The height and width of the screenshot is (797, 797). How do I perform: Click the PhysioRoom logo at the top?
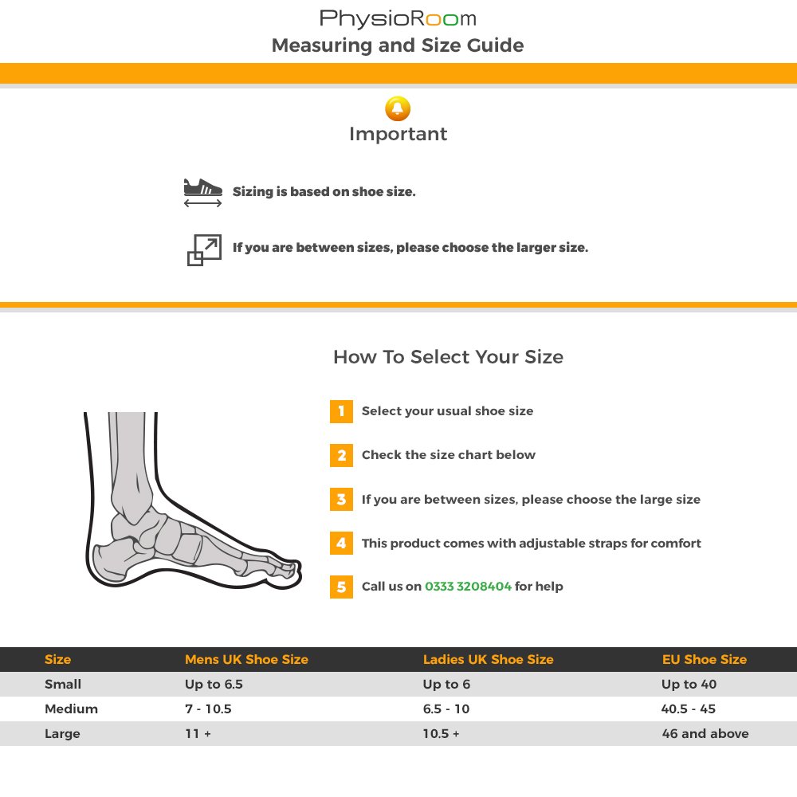point(398,18)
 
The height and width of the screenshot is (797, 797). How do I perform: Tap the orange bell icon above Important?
point(398,108)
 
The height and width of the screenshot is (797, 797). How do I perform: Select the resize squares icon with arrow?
point(204,250)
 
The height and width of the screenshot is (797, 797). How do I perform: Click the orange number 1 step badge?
point(341,411)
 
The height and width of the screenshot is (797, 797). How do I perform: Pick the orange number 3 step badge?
point(341,500)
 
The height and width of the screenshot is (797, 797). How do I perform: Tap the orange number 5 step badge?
point(341,587)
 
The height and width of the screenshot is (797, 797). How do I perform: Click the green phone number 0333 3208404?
point(468,587)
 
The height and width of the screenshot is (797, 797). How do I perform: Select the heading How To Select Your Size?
point(448,357)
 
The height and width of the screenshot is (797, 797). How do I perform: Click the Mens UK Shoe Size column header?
point(246,660)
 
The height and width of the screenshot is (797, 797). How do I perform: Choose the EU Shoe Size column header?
point(705,660)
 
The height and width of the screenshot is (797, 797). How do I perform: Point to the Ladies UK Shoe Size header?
point(488,660)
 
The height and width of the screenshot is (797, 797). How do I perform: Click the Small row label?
point(63,685)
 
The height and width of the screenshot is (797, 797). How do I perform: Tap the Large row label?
point(62,734)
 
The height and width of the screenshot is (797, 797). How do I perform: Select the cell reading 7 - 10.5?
point(208,709)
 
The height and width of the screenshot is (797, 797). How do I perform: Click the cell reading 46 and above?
point(705,734)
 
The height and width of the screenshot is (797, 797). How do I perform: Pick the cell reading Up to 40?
point(689,685)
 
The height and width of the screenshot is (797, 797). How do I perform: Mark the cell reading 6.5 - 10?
point(446,709)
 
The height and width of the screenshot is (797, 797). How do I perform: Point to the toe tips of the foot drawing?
point(293,569)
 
